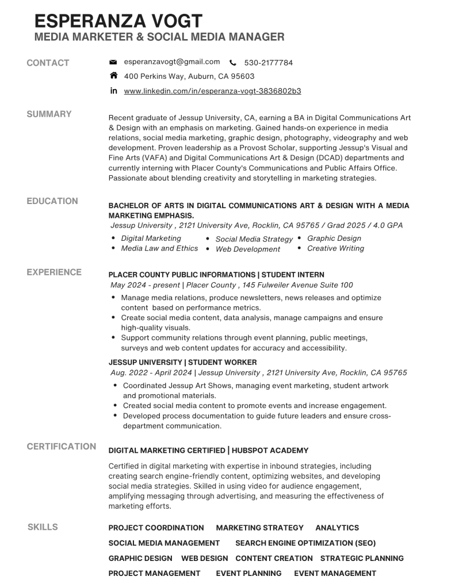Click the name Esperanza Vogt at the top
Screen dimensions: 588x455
pyautogui.click(x=118, y=21)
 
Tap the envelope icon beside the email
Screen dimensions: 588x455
pyautogui.click(x=113, y=62)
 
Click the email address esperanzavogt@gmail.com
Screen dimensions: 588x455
pyautogui.click(x=172, y=62)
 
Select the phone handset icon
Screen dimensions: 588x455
pyautogui.click(x=233, y=63)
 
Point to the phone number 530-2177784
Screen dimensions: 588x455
pyautogui.click(x=268, y=63)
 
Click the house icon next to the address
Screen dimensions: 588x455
pyautogui.click(x=113, y=76)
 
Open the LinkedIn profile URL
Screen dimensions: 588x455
pyautogui.click(x=212, y=91)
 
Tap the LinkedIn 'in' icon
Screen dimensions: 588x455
pyautogui.click(x=113, y=91)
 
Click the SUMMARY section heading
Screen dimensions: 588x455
pyautogui.click(x=49, y=114)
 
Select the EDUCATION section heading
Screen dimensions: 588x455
pyautogui.click(x=52, y=201)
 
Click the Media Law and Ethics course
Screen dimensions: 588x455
pyautogui.click(x=159, y=248)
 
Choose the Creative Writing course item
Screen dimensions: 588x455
pyautogui.click(x=335, y=248)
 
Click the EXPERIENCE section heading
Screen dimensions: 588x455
pyautogui.click(x=54, y=272)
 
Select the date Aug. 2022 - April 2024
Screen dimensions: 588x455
pyautogui.click(x=151, y=372)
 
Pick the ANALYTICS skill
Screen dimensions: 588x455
pyautogui.click(x=337, y=528)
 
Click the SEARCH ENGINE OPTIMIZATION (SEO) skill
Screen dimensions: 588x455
pyautogui.click(x=305, y=543)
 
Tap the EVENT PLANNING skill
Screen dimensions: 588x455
pyautogui.click(x=248, y=573)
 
